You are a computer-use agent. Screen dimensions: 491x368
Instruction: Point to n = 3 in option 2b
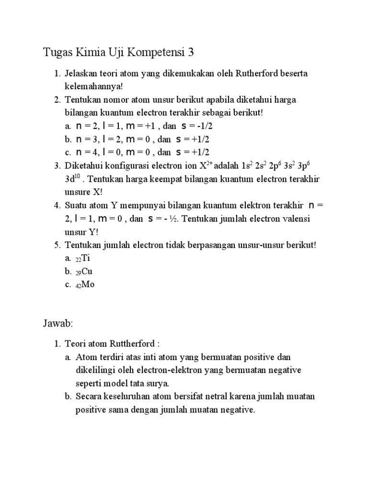tap(86, 140)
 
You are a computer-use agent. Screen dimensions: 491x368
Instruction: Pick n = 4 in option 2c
tap(86, 152)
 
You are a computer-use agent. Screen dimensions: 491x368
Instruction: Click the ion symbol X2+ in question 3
tap(206, 165)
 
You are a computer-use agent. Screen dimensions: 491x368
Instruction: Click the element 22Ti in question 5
tap(83, 258)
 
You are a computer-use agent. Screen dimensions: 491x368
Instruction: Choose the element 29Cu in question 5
tap(85, 271)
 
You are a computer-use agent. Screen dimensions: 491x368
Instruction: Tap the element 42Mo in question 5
tap(85, 284)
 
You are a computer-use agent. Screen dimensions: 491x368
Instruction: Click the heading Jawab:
tap(57, 324)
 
